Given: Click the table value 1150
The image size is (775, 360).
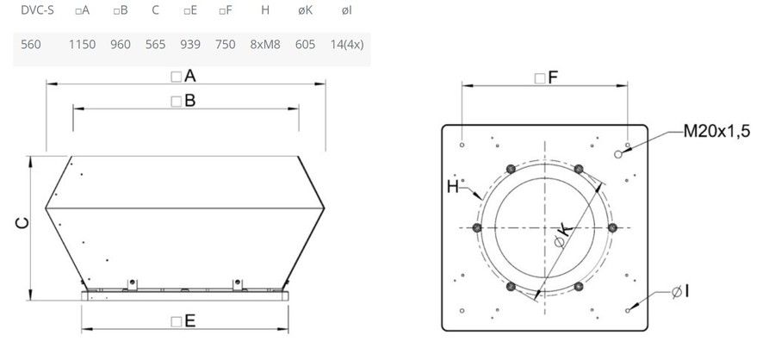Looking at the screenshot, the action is pyautogui.click(x=82, y=45).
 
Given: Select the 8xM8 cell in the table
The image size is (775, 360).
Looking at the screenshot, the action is pyautogui.click(x=265, y=45).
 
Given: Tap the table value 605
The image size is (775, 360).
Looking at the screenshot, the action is pyautogui.click(x=305, y=45).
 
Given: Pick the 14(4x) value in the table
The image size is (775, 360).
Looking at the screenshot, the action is pyautogui.click(x=347, y=45).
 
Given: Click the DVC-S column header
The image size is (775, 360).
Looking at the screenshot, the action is pyautogui.click(x=37, y=10).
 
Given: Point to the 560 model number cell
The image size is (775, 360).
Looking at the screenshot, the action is pyautogui.click(x=31, y=45).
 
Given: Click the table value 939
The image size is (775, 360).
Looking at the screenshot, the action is pyautogui.click(x=190, y=45).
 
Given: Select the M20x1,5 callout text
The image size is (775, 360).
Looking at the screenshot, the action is pyautogui.click(x=716, y=131).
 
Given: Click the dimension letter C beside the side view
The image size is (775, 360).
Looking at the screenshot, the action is pyautogui.click(x=22, y=224).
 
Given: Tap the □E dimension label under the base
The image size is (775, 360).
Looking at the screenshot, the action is pyautogui.click(x=183, y=321).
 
